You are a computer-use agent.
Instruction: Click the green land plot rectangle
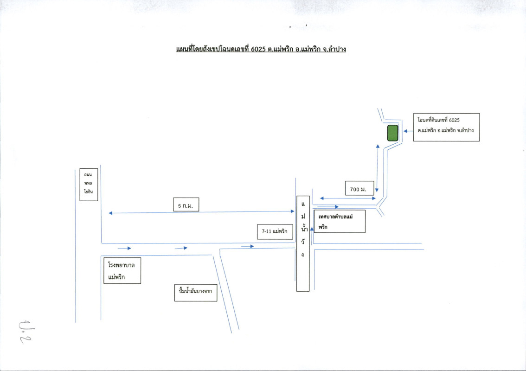tap(392, 133)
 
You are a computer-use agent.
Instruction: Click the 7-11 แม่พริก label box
tap(275, 231)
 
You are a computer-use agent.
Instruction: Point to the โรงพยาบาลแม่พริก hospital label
tap(121, 270)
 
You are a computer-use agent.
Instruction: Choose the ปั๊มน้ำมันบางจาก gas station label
tap(196, 292)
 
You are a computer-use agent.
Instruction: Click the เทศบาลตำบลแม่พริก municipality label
tap(340, 221)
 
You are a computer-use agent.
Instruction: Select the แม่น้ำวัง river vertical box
tap(303, 243)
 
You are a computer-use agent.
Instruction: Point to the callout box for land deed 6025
tap(446, 127)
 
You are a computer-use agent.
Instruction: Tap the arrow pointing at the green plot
tap(408, 131)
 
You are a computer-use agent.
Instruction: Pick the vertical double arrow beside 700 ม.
tap(378, 168)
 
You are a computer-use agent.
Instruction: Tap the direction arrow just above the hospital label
tap(124, 248)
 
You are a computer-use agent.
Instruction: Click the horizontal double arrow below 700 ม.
tap(348, 198)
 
